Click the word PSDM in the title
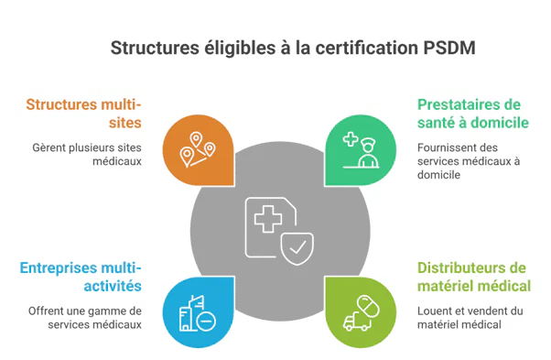[x=450, y=46]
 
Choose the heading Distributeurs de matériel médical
[x=473, y=277]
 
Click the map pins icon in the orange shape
[x=198, y=148]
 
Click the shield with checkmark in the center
[x=297, y=245]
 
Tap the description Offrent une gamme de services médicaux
[x=83, y=317]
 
